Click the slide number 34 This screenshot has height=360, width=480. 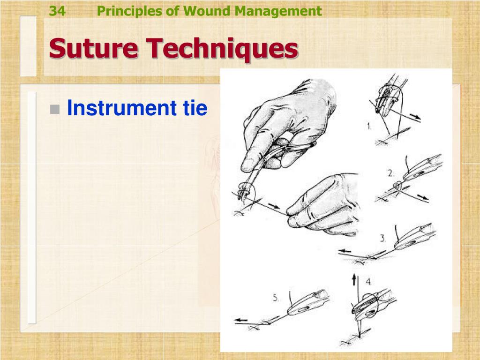[57, 11]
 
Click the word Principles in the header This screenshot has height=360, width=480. [129, 11]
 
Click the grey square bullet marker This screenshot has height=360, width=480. [55, 109]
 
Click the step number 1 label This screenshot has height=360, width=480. [369, 126]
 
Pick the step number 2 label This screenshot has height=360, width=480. [390, 173]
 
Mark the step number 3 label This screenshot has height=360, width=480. [382, 238]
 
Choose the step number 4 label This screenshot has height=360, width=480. [369, 282]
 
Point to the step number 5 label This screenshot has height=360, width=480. [276, 297]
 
